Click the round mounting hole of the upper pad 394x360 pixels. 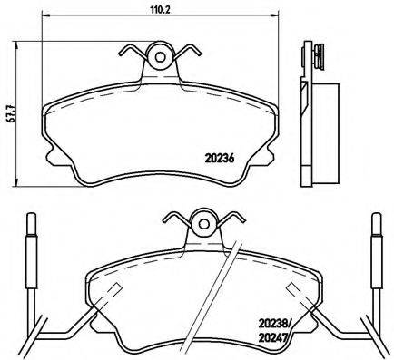pos(162,56)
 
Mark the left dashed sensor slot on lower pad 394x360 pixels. pos(114,292)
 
